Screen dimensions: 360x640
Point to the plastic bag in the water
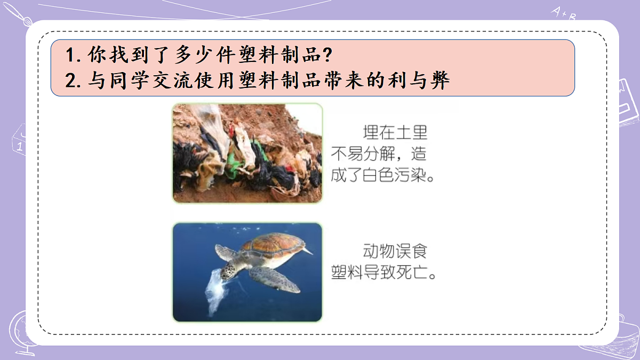tap(215, 291)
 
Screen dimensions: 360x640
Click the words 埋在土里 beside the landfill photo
tap(395, 132)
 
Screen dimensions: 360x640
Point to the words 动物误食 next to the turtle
tap(395, 251)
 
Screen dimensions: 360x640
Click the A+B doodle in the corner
tap(564, 13)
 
